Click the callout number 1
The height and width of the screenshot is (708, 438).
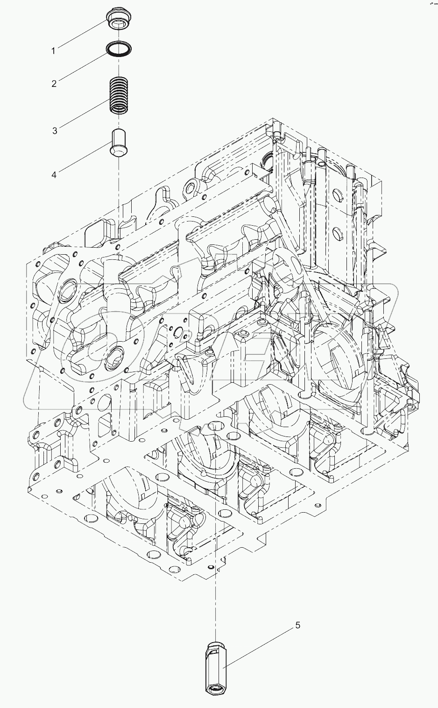pyautogui.click(x=53, y=50)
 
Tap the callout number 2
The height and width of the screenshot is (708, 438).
pyautogui.click(x=54, y=84)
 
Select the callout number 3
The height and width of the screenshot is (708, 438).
pyautogui.click(x=55, y=131)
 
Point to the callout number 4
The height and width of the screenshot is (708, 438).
pyautogui.click(x=54, y=174)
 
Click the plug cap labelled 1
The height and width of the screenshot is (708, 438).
pyautogui.click(x=117, y=19)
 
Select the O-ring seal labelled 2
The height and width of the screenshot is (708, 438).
pyautogui.click(x=119, y=48)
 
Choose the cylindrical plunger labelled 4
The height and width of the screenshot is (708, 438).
pyautogui.click(x=118, y=142)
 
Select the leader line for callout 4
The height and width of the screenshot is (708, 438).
pyautogui.click(x=85, y=160)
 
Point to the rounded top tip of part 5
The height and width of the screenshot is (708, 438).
pyautogui.click(x=214, y=645)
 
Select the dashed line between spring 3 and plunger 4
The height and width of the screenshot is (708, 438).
pyautogui.click(x=119, y=121)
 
